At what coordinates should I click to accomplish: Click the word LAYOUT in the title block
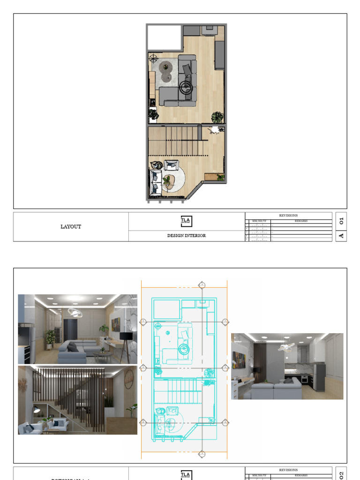(71, 226)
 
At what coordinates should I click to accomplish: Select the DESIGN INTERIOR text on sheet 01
(187, 236)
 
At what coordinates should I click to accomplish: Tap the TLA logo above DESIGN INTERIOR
(186, 221)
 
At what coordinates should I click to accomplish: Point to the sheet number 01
(341, 219)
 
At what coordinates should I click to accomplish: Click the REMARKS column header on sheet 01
(301, 221)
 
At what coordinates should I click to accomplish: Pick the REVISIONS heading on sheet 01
(288, 216)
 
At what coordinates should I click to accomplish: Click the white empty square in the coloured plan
(164, 37)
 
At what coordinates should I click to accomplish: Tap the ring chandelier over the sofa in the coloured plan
(187, 86)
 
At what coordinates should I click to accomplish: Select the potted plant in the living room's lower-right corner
(217, 117)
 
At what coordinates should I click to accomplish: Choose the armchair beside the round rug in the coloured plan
(171, 165)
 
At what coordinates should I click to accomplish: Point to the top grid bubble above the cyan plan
(202, 285)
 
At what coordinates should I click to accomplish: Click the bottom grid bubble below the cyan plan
(202, 454)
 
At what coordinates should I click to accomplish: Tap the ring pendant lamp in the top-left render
(75, 312)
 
